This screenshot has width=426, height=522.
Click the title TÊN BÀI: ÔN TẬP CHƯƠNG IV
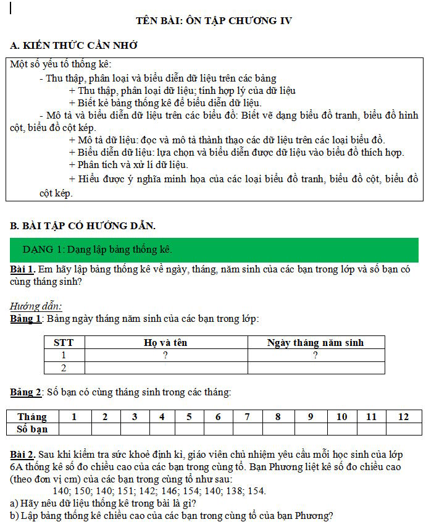214,21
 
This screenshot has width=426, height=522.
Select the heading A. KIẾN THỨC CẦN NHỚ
74,46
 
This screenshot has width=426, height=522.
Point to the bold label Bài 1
22,270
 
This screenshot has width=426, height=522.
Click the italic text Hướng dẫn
36,306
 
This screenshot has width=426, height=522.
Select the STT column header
64,342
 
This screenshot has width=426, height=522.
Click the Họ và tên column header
165,342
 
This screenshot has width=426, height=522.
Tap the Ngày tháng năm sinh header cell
315,342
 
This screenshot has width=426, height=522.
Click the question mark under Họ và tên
165,355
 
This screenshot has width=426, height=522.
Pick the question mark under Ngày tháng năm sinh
315,355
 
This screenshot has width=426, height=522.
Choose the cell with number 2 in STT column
64,368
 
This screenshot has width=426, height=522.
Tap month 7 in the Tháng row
246,417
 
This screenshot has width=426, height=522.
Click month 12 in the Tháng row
403,417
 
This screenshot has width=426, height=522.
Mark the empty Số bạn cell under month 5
190,429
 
